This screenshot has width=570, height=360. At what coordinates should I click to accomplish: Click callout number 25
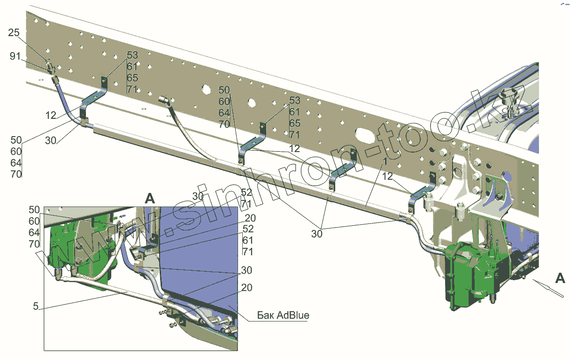14,32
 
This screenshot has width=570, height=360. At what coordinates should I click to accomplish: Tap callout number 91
15,56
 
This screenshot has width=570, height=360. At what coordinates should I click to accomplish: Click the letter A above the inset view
149,198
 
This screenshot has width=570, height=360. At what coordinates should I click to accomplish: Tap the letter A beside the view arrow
560,278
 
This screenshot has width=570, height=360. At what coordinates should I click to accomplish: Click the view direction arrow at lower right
547,287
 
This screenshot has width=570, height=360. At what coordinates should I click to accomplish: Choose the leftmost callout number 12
51,115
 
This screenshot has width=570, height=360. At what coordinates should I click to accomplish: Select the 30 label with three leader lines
317,233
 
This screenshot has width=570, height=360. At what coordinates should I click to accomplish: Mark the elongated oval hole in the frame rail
365,135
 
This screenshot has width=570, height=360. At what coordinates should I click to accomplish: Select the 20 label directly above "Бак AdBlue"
247,288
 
